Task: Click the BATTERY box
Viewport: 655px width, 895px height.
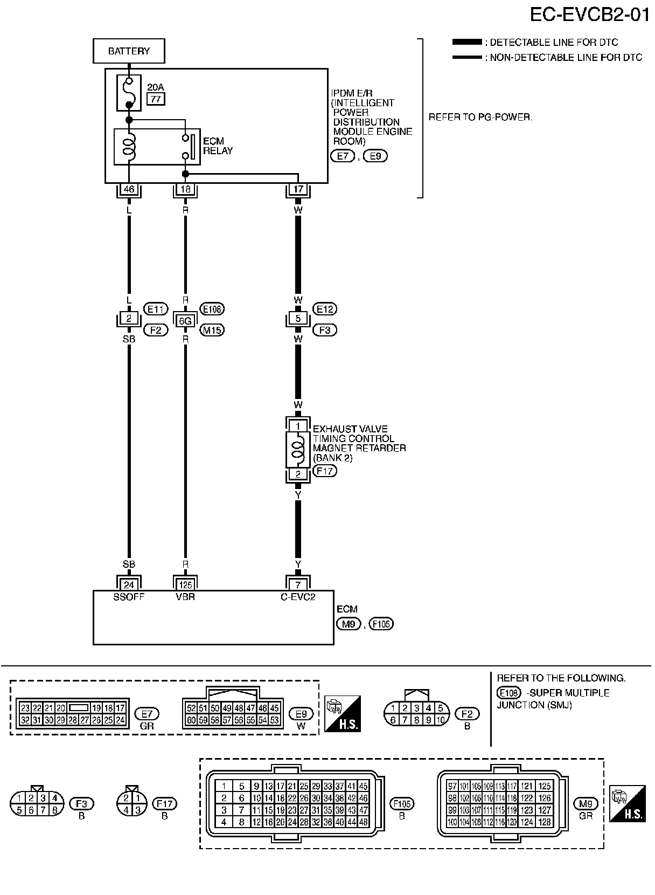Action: pyautogui.click(x=129, y=51)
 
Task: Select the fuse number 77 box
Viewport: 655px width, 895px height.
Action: pyautogui.click(x=157, y=99)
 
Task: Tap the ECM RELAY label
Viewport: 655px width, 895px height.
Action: pyautogui.click(x=218, y=146)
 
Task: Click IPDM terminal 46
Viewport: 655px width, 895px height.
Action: pyautogui.click(x=129, y=189)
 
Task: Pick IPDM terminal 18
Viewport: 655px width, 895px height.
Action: pyautogui.click(x=185, y=189)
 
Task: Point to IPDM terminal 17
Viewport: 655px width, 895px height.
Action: pyautogui.click(x=298, y=189)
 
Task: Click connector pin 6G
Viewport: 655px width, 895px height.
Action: pyautogui.click(x=185, y=321)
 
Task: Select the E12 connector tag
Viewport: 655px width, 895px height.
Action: pyautogui.click(x=325, y=309)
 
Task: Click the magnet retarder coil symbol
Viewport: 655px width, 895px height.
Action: pyautogui.click(x=297, y=450)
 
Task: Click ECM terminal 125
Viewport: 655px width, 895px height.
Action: pyautogui.click(x=185, y=584)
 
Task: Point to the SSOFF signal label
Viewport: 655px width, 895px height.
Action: pyautogui.click(x=129, y=597)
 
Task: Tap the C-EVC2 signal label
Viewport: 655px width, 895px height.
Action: pyautogui.click(x=298, y=597)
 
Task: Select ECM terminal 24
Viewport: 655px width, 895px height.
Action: pyautogui.click(x=129, y=584)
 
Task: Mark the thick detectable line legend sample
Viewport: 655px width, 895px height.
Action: pyautogui.click(x=467, y=42)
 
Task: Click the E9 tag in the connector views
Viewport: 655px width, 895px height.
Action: pyautogui.click(x=301, y=714)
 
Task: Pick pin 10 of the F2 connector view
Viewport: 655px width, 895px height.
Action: pyautogui.click(x=440, y=720)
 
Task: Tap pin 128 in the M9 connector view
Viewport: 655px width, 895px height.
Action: pyautogui.click(x=545, y=822)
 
